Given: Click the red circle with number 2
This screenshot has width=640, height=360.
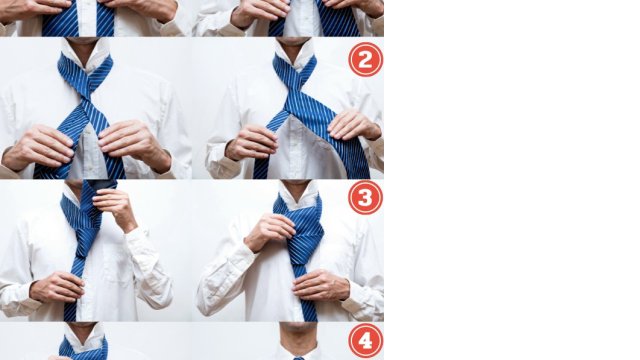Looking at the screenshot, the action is coord(366,60).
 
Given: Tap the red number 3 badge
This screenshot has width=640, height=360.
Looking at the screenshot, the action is coord(366,198).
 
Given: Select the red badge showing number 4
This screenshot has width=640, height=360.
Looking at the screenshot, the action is coord(366,340).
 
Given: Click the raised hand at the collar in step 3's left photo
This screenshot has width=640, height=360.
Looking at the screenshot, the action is coord(116,208).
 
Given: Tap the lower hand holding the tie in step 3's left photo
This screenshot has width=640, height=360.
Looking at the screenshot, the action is coord(57,287).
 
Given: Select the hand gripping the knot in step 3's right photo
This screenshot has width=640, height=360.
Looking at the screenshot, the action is coord(269,231).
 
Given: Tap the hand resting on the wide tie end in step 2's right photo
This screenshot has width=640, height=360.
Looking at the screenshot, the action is coord(354,125).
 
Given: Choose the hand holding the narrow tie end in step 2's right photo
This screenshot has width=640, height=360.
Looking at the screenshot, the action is coord(251,142).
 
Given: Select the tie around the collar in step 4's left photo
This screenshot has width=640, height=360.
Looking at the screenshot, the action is coord(83,348).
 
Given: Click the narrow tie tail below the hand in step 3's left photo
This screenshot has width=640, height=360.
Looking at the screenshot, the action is coord(71,311).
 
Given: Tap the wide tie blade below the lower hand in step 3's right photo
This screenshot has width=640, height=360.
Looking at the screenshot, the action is coord(309,310).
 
